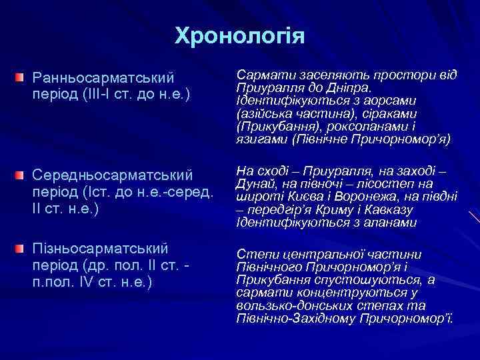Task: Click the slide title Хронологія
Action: (x=239, y=35)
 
